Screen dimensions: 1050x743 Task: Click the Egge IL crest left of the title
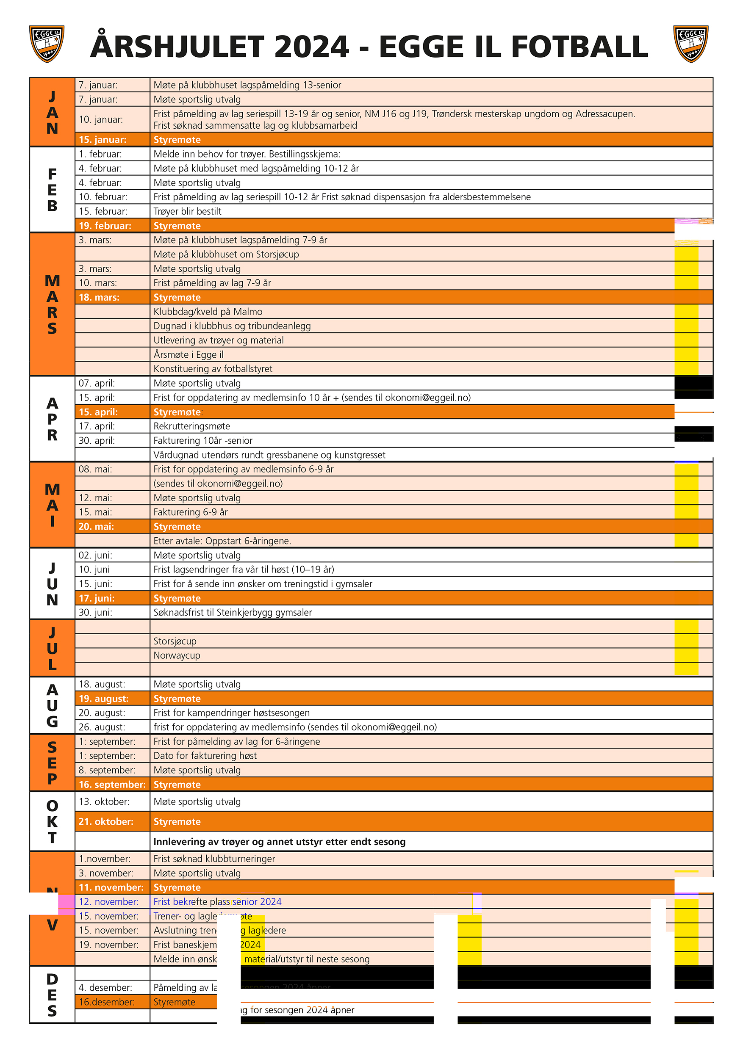47,44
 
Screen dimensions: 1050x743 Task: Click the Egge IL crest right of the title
690,44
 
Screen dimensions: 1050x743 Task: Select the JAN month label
52,112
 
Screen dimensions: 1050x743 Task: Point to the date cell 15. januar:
103,139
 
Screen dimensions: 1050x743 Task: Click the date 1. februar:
100,154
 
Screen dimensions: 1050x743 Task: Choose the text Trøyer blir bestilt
187,211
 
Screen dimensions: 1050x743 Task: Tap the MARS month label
52,304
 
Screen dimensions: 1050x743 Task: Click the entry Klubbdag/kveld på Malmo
208,312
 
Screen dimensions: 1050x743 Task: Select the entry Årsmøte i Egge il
189,355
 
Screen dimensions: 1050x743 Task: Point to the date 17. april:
97,426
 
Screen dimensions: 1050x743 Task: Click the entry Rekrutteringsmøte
192,426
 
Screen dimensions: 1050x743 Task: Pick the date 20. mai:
96,526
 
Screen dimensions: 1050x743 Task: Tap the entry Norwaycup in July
177,655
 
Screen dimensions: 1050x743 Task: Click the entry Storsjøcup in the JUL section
175,641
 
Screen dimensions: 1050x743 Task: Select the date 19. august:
103,698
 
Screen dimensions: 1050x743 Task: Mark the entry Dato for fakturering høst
205,755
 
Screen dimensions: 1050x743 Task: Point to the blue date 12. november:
108,901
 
